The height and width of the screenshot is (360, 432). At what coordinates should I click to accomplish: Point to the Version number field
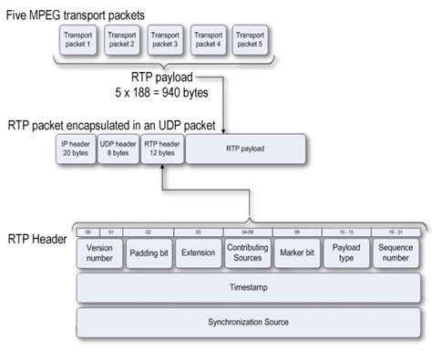(98, 252)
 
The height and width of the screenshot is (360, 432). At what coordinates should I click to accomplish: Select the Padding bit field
(148, 252)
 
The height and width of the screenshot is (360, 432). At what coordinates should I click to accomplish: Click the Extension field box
(197, 252)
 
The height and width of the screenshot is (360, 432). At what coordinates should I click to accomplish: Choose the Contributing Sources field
(246, 252)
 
